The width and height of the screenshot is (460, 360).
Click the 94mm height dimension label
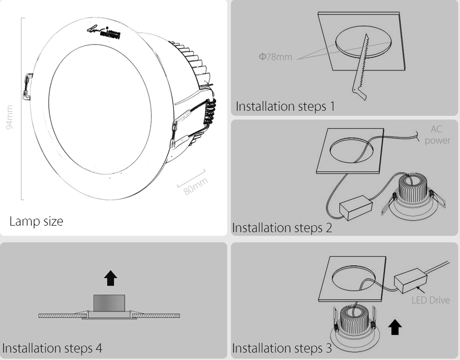click(x=11, y=118)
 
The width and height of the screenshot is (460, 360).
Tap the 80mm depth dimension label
click(x=196, y=185)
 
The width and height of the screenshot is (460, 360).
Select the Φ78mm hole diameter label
click(x=275, y=57)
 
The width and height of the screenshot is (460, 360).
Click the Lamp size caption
click(x=36, y=221)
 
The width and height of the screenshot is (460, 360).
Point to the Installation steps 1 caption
click(x=285, y=106)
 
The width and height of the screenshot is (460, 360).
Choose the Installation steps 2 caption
click(x=282, y=228)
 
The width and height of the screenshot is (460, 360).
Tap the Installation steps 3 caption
click(x=282, y=348)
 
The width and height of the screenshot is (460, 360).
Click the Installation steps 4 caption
click(x=52, y=348)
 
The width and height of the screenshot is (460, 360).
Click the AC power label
click(x=437, y=135)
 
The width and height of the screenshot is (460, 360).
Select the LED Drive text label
click(x=431, y=300)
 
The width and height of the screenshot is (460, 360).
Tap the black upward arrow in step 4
click(x=110, y=278)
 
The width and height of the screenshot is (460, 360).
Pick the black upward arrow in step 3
click(x=395, y=327)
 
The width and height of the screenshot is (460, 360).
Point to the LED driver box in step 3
click(x=410, y=282)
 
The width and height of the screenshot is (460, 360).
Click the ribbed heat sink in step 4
click(x=110, y=302)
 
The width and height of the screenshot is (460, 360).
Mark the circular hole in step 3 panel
click(x=355, y=279)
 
